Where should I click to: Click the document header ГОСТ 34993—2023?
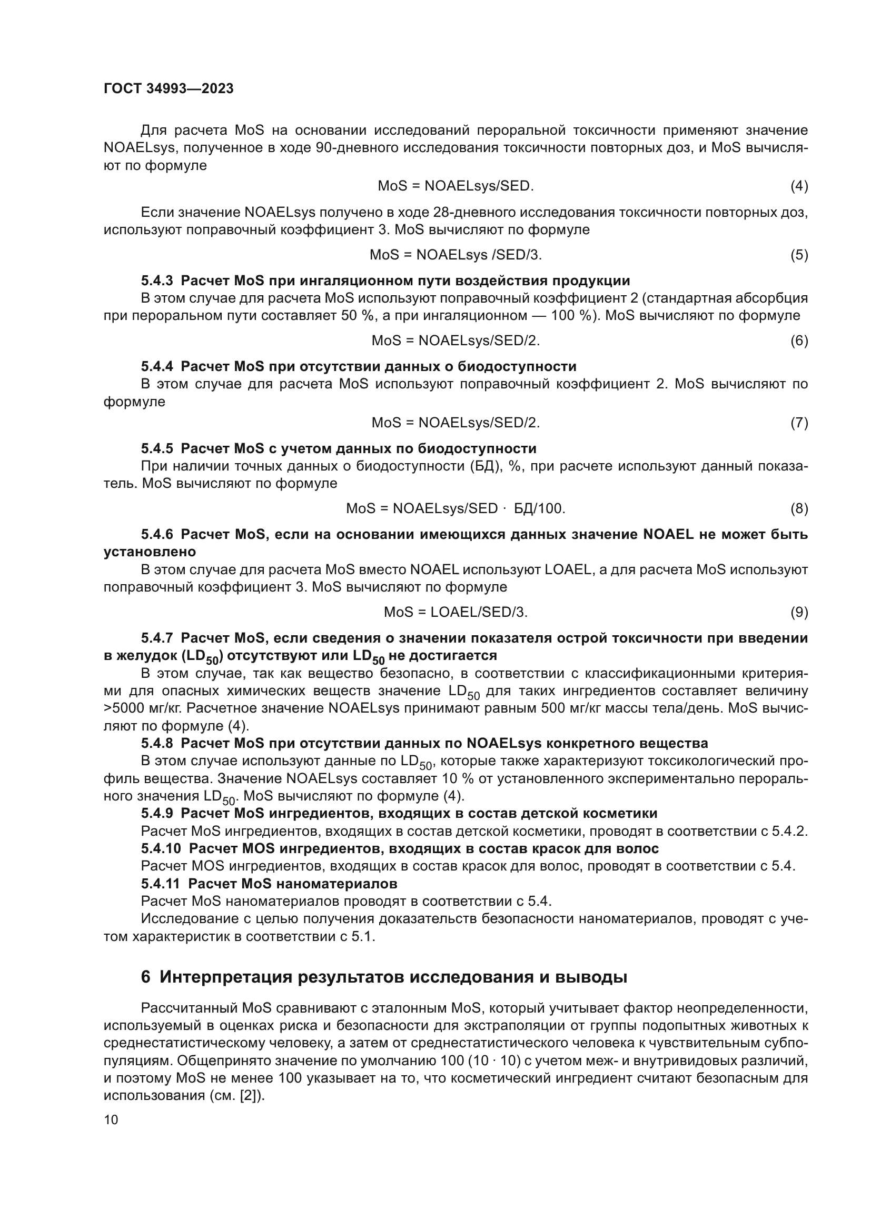(x=169, y=89)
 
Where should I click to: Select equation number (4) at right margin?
(x=799, y=186)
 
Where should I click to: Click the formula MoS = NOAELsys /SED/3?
(x=456, y=255)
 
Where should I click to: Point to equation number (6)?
(x=799, y=341)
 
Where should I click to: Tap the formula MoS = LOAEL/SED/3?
(x=456, y=612)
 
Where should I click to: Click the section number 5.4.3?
(x=156, y=281)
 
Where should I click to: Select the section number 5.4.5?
(x=156, y=448)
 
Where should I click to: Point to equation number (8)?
(x=799, y=508)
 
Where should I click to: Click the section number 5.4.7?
(x=156, y=638)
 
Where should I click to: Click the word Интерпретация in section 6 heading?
(x=225, y=977)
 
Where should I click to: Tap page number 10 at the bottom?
(x=111, y=1120)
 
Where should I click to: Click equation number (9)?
(x=799, y=612)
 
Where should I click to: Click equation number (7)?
(x=799, y=423)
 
